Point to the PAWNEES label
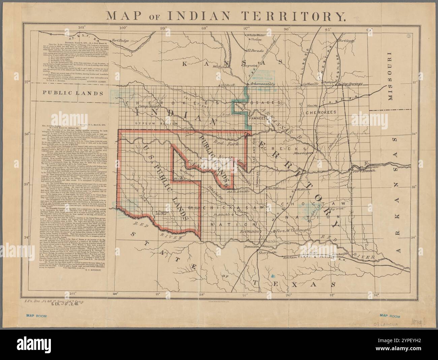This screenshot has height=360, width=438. click(258, 118)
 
